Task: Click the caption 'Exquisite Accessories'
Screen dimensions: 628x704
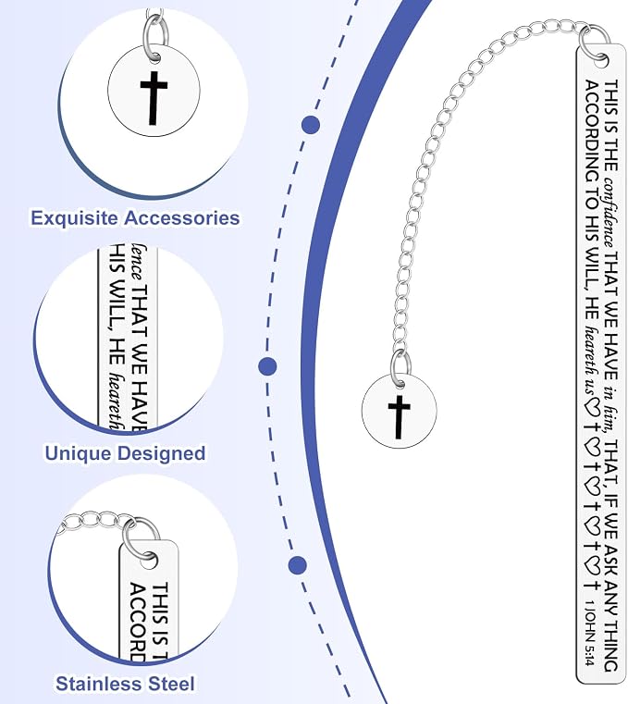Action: (x=135, y=217)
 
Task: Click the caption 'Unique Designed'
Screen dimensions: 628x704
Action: (x=125, y=453)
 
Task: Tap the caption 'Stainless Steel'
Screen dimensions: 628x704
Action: (x=125, y=684)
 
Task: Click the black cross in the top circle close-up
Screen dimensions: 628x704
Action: (x=154, y=98)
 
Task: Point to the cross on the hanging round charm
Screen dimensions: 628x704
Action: (x=399, y=417)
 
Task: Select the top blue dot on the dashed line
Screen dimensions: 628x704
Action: (x=311, y=125)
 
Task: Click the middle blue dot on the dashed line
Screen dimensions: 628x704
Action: (x=267, y=366)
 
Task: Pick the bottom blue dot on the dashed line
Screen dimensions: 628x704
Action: (x=298, y=565)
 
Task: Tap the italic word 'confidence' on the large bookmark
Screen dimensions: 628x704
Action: (x=610, y=212)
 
